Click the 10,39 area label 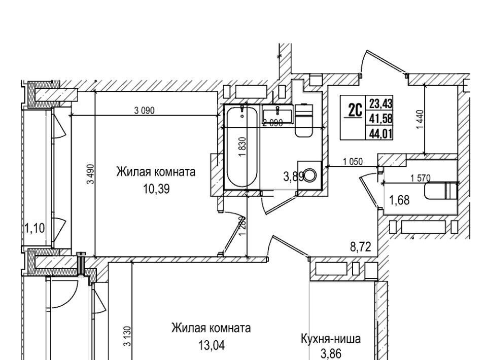(156, 189)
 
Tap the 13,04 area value (211, 346)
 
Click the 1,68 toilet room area (398, 200)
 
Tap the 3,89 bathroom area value (293, 176)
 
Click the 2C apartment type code (355, 109)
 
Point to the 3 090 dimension (144, 111)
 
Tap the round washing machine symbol (309, 176)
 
